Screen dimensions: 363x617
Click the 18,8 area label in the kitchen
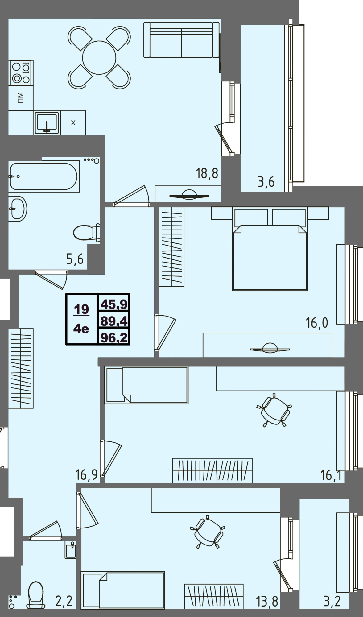(207, 173)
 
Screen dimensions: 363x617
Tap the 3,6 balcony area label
(266, 182)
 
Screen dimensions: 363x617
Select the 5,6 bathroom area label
(75, 259)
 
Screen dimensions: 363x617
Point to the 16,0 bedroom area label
(317, 323)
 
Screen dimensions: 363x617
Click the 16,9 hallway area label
(86, 475)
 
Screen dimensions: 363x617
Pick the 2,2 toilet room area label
(64, 601)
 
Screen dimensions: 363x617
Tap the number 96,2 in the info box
(114, 337)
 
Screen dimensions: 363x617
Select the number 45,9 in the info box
(114, 304)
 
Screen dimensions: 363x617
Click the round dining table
(99, 58)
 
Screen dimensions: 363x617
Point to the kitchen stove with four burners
(21, 73)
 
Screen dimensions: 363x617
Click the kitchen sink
(47, 123)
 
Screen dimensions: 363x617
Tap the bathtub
(44, 176)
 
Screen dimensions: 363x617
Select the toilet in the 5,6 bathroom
(87, 233)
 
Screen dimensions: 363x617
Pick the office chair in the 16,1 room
(274, 410)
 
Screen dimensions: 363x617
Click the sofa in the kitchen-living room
(182, 40)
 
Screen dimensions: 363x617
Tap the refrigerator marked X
(73, 123)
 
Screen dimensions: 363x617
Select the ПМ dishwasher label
(20, 97)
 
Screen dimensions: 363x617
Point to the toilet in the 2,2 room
(36, 595)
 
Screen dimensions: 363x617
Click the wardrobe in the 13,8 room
(214, 596)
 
